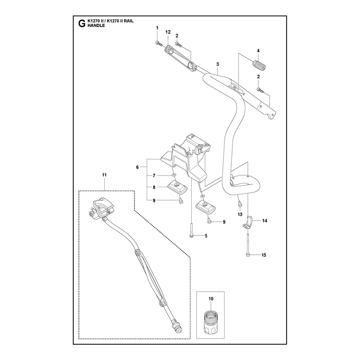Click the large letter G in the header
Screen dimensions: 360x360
coord(81,23)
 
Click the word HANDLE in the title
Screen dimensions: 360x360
coord(96,26)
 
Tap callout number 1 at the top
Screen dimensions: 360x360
coord(157,28)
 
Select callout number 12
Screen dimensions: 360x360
coord(168,32)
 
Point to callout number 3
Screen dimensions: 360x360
coord(218,64)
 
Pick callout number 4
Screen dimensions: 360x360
coord(258,51)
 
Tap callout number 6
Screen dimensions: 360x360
coord(138,167)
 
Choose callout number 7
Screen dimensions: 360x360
coord(154,175)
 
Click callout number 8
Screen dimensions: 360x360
coord(154,187)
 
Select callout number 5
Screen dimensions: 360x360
coord(206,236)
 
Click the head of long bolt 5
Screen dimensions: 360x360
coord(192,236)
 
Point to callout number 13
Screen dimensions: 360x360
coord(240,215)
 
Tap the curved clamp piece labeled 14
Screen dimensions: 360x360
coord(248,222)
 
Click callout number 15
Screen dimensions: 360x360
coord(264,255)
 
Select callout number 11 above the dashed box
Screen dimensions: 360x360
coord(104,175)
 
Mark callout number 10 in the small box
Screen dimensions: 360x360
coord(211,299)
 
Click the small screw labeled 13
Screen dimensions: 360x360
coord(240,203)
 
